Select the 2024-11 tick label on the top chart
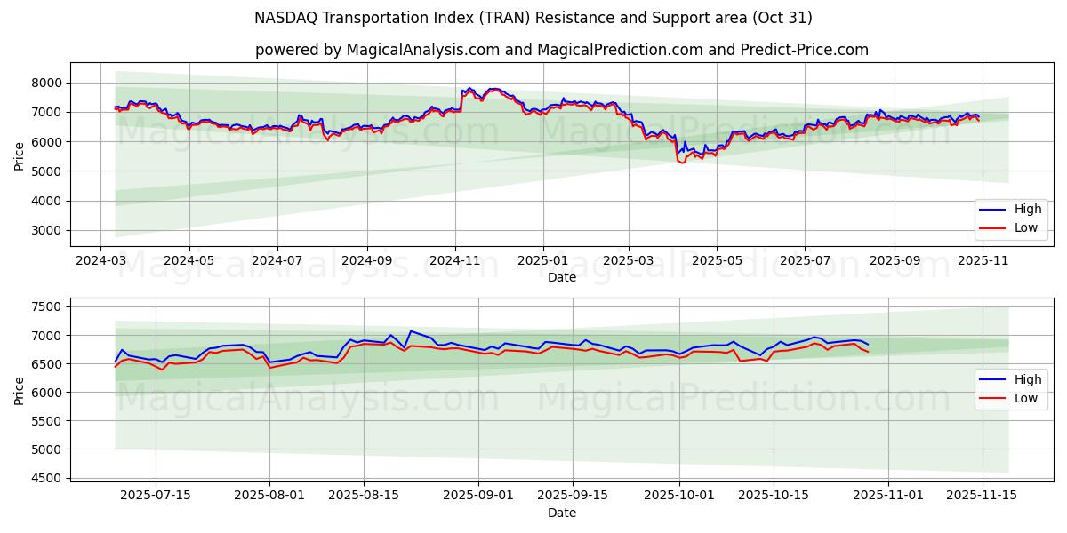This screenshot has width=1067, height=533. pos(455,261)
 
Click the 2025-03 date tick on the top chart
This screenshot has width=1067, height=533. pos(629,261)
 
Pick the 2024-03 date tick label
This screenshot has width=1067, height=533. pos(100,261)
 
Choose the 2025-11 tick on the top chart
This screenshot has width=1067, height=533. pos(982,261)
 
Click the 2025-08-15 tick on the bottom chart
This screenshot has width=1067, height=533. pos(364,495)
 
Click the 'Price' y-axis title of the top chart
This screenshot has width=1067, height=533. pos(20,156)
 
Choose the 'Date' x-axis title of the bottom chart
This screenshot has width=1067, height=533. pos(562,513)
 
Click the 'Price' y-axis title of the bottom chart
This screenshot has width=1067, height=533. pos(20,391)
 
